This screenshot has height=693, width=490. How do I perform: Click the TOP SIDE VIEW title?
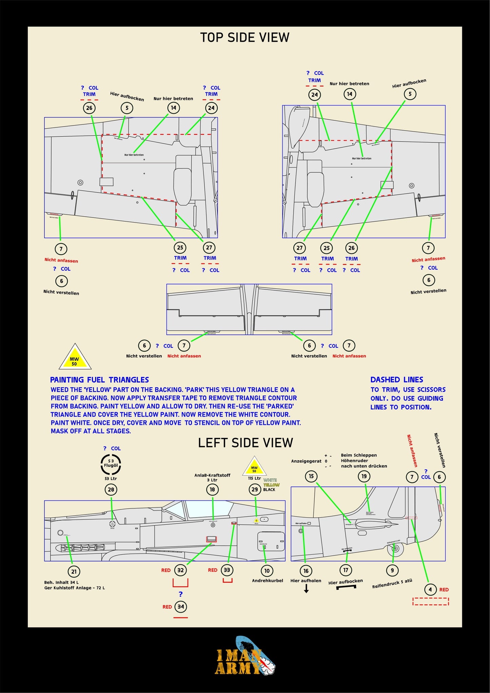244,37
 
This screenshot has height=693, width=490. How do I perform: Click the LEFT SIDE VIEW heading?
245,443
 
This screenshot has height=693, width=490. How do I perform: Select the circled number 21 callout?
74,572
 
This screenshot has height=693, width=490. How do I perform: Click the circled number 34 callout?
181,607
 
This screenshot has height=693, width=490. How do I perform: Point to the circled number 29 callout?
255,489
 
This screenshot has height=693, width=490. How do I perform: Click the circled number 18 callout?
212,489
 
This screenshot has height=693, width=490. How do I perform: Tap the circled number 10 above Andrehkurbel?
267,571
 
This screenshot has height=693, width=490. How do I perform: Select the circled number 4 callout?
430,589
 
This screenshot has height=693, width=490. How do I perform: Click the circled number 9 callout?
392,570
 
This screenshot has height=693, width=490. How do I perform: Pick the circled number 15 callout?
311,476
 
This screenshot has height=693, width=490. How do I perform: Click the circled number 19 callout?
364,476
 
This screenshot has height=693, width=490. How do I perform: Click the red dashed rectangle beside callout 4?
431,601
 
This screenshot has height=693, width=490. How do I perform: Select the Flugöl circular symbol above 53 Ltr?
111,464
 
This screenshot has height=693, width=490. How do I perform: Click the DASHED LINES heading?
397,380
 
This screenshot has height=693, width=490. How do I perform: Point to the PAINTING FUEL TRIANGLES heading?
99,380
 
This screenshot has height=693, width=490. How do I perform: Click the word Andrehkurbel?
267,580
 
